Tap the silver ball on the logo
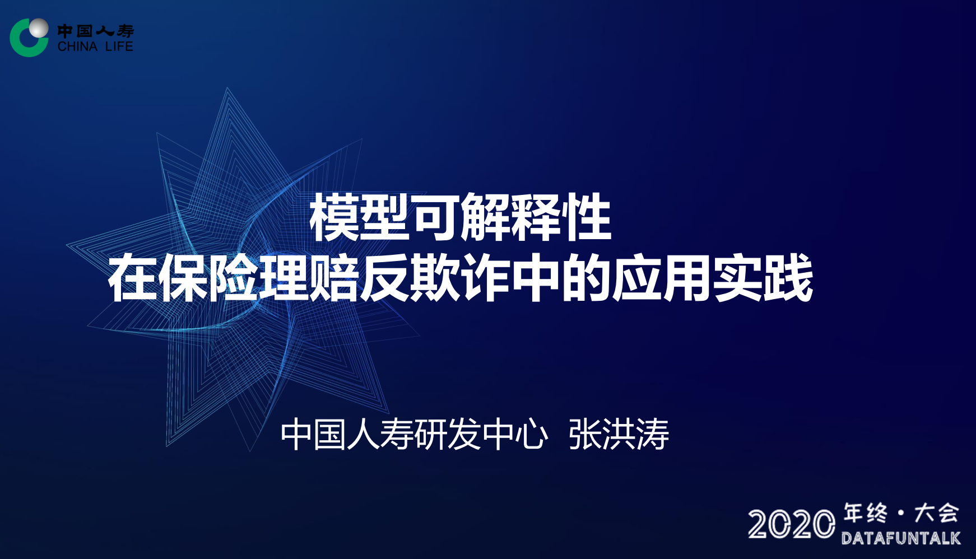click(39, 27)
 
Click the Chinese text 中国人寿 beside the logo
click(95, 31)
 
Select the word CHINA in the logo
click(77, 46)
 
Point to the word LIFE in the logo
click(119, 46)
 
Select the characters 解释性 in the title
click(536, 217)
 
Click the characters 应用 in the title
click(662, 278)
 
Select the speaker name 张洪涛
click(619, 434)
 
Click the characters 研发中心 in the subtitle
click(481, 434)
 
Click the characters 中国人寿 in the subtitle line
click(347, 434)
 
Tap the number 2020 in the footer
click(791, 524)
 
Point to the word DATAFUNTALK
click(901, 538)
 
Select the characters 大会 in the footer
click(936, 513)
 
